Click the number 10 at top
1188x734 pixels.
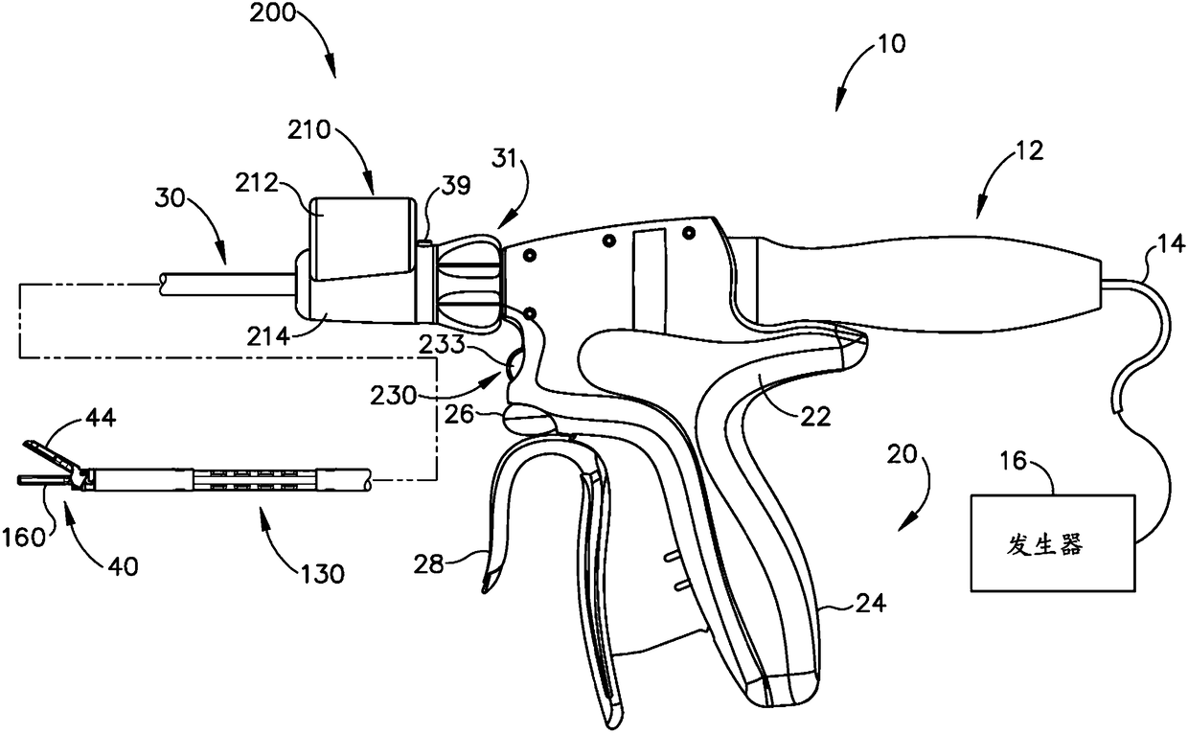pos(890,44)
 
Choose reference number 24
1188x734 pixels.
pos(871,604)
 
